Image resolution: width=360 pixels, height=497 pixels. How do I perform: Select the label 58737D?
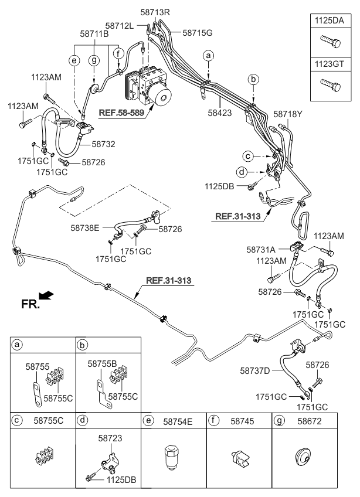point(255,370)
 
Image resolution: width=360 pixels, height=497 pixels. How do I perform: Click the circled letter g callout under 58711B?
point(94,60)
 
